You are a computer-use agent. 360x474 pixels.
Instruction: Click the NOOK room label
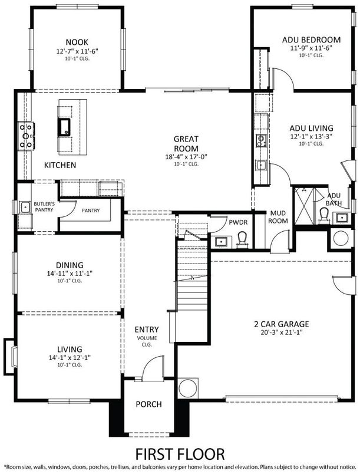[77, 42]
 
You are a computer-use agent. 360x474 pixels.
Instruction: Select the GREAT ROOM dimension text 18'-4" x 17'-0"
[186, 157]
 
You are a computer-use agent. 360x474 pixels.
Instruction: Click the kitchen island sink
[63, 126]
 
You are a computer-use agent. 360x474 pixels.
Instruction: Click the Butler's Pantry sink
[25, 207]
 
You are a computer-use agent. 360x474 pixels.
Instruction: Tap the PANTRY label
[90, 210]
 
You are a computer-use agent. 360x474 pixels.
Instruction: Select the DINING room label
[69, 265]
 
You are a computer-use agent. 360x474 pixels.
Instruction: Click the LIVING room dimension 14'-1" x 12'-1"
[69, 357]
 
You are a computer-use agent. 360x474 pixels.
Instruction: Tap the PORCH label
[148, 404]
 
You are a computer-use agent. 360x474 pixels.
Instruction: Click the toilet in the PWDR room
[241, 239]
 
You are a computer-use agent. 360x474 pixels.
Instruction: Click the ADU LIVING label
[311, 128]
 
